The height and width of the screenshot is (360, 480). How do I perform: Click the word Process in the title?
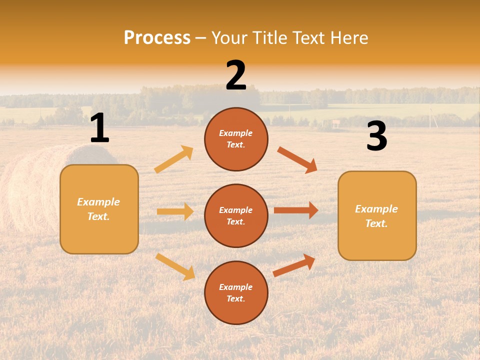click(x=157, y=38)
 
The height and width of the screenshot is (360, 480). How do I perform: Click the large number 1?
click(x=99, y=128)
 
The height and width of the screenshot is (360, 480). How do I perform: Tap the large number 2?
click(x=236, y=75)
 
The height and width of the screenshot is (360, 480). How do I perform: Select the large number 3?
click(x=376, y=136)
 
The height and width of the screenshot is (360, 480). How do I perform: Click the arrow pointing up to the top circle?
click(x=174, y=159)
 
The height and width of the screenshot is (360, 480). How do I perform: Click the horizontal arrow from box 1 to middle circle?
click(x=175, y=211)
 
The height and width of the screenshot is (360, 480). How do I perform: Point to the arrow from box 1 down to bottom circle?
click(x=175, y=266)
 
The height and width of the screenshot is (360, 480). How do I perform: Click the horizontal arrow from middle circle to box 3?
click(x=296, y=210)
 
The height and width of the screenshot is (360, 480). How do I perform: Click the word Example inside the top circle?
click(x=236, y=133)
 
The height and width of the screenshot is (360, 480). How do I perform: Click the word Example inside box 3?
click(x=376, y=209)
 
